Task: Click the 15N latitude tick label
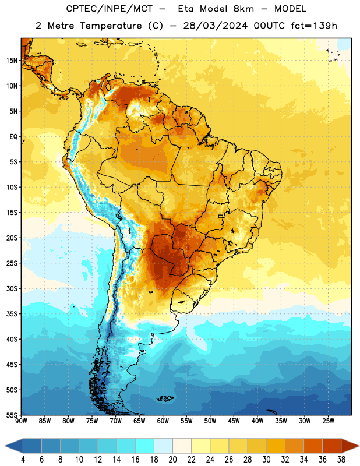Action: coord(12,61)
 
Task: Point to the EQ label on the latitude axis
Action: coord(13,137)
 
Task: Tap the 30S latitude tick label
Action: coord(12,288)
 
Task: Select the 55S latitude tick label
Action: coord(12,415)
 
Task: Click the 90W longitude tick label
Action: coord(21,421)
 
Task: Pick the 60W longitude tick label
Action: coord(163,421)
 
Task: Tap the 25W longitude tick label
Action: coord(328,421)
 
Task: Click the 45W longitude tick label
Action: coord(234,421)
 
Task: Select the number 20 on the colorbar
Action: coord(172,460)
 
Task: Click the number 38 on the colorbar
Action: coord(341,460)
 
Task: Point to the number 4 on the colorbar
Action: coord(23,460)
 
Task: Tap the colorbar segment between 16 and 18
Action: coord(145,446)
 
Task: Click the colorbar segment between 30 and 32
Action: coord(276,446)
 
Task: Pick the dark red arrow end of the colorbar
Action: coord(350,446)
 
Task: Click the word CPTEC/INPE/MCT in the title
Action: coord(110,9)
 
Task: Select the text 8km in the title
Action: coord(243,9)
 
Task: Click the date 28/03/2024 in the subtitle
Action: coord(215,26)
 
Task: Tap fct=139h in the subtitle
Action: coord(314,26)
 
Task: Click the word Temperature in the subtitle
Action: coord(111,26)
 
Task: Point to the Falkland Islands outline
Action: coord(165,398)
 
